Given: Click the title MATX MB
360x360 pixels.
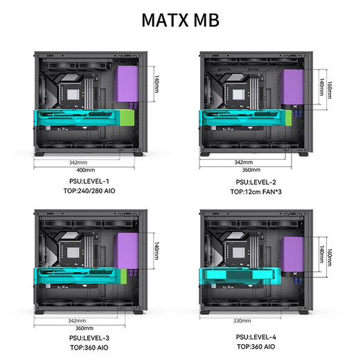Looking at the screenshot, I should [180, 19].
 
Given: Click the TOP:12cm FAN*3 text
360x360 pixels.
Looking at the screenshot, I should [255, 191].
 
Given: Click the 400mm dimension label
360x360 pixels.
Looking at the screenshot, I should [86, 170].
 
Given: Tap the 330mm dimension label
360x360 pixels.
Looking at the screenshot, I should [242, 321].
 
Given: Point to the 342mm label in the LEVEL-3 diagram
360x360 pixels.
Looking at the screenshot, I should [77, 321].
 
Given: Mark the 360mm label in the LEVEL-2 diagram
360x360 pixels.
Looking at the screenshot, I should [251, 170].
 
